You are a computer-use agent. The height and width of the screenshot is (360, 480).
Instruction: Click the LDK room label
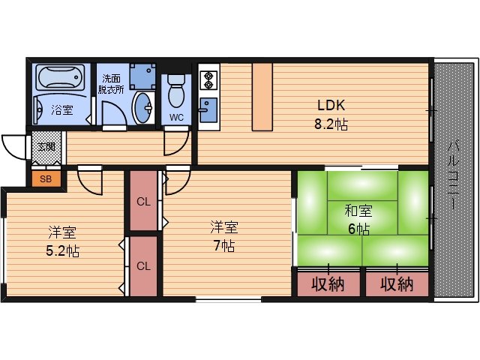point(331,105)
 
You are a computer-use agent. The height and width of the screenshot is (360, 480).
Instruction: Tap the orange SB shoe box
point(46,178)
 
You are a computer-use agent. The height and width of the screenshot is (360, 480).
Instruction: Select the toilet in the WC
point(176,91)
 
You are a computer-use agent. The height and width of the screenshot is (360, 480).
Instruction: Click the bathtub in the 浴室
point(60,77)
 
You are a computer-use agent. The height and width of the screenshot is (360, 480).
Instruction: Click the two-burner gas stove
point(208,80)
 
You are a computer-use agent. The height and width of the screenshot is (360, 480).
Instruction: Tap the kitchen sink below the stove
point(208,110)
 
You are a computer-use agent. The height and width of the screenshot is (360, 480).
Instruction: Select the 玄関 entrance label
point(46,147)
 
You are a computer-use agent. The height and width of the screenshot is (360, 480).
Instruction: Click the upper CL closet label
point(143,202)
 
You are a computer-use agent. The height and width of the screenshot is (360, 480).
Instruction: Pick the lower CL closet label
point(143,265)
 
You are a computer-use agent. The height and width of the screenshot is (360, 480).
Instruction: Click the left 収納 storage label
point(328,284)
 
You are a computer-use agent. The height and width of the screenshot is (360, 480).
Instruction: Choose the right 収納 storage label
point(397,284)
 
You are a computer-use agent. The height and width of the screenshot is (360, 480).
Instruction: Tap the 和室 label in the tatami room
point(358,211)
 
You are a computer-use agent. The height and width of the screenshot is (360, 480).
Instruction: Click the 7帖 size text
point(224,245)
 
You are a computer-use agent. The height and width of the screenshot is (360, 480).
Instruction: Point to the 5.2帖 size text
point(62,251)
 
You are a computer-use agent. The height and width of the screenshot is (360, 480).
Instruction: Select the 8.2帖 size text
point(331,124)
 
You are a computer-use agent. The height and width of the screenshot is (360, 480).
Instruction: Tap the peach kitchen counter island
point(262,97)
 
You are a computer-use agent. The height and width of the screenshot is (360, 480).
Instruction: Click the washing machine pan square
point(142,76)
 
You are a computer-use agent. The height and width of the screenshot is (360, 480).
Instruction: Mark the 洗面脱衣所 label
point(111,84)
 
